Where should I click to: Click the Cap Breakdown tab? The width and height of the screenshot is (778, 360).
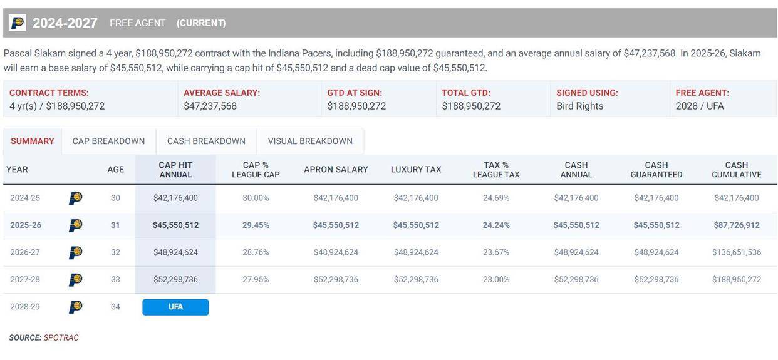108,141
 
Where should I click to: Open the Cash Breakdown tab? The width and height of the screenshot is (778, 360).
206,141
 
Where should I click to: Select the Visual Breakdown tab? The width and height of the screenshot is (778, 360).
310,141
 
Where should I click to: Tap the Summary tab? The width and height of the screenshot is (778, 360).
33,141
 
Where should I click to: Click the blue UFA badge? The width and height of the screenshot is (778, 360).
175,307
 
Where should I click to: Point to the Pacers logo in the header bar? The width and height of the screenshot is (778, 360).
18,23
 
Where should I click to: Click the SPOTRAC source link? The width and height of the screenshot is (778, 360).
61,338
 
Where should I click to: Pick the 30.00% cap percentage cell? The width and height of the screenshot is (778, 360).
256,198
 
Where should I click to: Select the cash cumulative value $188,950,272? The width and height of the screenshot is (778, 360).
736,280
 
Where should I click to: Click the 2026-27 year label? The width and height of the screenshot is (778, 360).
25,252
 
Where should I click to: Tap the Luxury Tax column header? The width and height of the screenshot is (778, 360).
416,170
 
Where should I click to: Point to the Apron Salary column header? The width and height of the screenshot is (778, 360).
336,170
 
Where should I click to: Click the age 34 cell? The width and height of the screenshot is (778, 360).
115,307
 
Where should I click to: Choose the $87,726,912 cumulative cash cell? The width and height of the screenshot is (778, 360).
736,225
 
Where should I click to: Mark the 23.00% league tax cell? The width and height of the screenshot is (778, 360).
496,280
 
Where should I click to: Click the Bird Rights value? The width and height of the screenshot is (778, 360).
579,106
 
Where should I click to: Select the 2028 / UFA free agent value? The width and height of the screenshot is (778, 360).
699,106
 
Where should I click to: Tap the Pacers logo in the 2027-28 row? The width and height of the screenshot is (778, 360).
75,280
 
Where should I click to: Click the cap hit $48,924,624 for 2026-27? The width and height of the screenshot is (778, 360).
175,252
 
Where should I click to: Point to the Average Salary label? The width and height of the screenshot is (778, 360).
222,93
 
